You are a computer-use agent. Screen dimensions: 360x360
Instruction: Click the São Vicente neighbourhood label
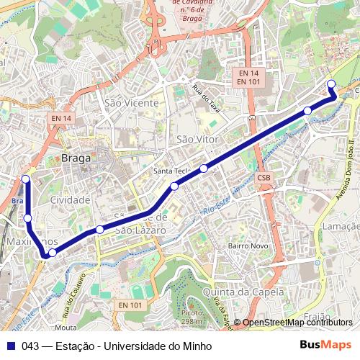pyautogui.click(x=131, y=103)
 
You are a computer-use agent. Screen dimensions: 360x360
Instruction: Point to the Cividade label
pyautogui.click(x=70, y=199)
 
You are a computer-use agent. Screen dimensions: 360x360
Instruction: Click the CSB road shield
pyautogui.click(x=264, y=178)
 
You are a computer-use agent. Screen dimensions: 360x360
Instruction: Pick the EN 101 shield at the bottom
pyautogui.click(x=131, y=305)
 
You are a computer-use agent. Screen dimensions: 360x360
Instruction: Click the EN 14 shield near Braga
pyautogui.click(x=62, y=118)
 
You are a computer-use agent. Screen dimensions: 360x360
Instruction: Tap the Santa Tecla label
pyautogui.click(x=171, y=171)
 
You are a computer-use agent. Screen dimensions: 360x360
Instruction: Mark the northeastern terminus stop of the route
pyautogui.click(x=331, y=84)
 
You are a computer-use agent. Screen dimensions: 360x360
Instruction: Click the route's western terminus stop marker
pyautogui.click(x=25, y=179)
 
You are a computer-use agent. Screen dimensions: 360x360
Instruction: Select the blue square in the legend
pyautogui.click(x=11, y=346)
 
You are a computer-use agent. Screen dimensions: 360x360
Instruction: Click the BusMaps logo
pyautogui.click(x=325, y=346)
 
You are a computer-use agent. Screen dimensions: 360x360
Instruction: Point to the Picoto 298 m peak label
pyautogui.click(x=192, y=317)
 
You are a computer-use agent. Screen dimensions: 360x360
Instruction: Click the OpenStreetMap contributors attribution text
pyautogui.click(x=297, y=323)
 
